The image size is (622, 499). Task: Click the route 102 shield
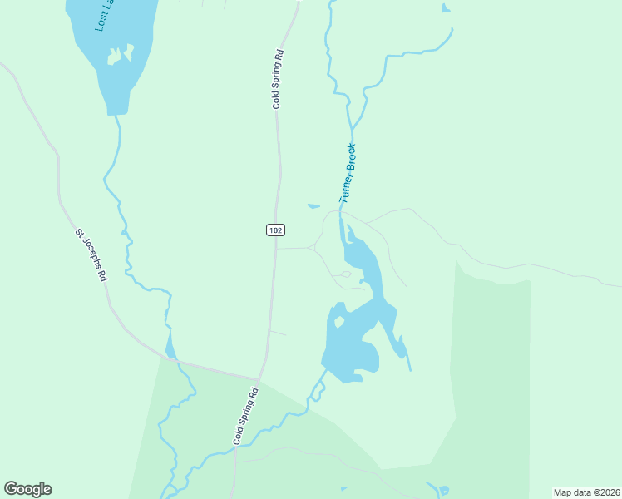tap(276, 230)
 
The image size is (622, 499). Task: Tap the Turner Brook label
tap(348, 174)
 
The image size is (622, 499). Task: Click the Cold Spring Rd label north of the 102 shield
tap(279, 80)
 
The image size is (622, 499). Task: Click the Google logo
tap(27, 489)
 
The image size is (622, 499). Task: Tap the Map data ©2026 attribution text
tap(587, 492)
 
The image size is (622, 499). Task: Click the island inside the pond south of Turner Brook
tap(338, 320)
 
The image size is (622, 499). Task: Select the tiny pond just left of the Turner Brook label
tap(313, 206)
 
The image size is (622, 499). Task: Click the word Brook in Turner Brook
tap(352, 158)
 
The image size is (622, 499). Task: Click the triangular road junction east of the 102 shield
tap(313, 247)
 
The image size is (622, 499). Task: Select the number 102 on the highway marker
tap(276, 230)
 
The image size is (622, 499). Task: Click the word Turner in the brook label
tap(344, 190)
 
